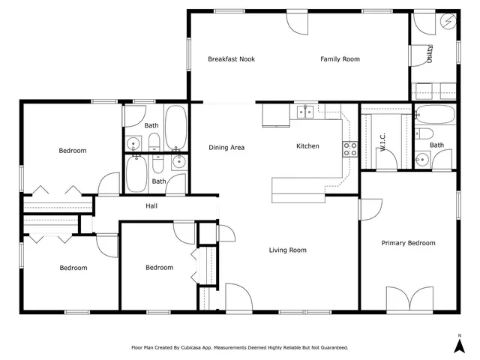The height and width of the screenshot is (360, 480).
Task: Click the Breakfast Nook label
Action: point(231,59)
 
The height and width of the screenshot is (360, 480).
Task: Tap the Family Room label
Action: point(340,59)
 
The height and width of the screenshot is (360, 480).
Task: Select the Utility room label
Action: point(430,55)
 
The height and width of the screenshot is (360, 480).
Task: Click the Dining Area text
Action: point(226,147)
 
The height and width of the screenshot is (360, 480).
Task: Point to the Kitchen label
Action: point(307,146)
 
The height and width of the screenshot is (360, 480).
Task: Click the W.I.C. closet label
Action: point(382,142)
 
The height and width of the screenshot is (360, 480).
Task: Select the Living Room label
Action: point(288,250)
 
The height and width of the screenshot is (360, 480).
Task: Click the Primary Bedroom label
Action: point(408,243)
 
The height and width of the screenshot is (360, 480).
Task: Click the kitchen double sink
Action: point(305,112)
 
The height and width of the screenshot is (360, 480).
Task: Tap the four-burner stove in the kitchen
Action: point(350,148)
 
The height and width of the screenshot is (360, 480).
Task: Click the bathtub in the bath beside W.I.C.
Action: point(434,115)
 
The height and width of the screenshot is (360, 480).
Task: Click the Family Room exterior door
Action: point(297,22)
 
